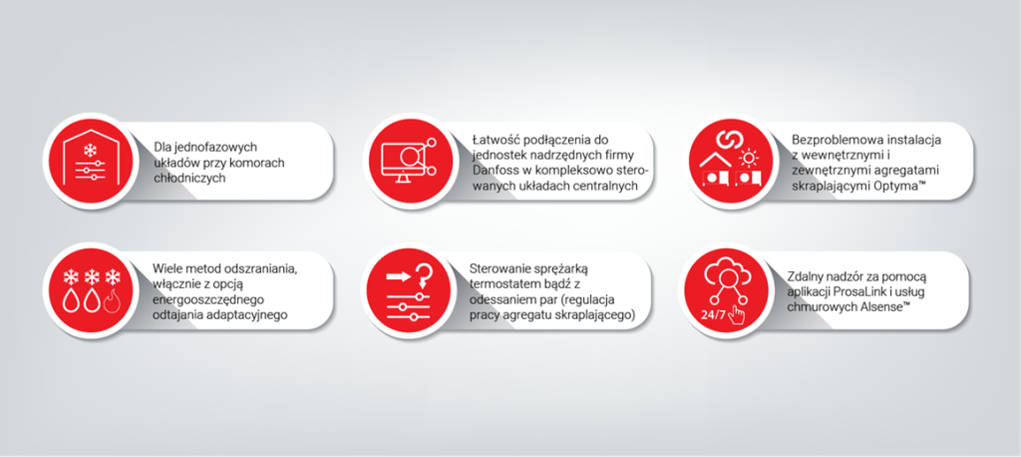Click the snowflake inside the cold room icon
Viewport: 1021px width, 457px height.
click(90, 151)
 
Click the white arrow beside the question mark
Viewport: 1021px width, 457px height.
click(399, 276)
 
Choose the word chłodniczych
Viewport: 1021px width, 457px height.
click(189, 178)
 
